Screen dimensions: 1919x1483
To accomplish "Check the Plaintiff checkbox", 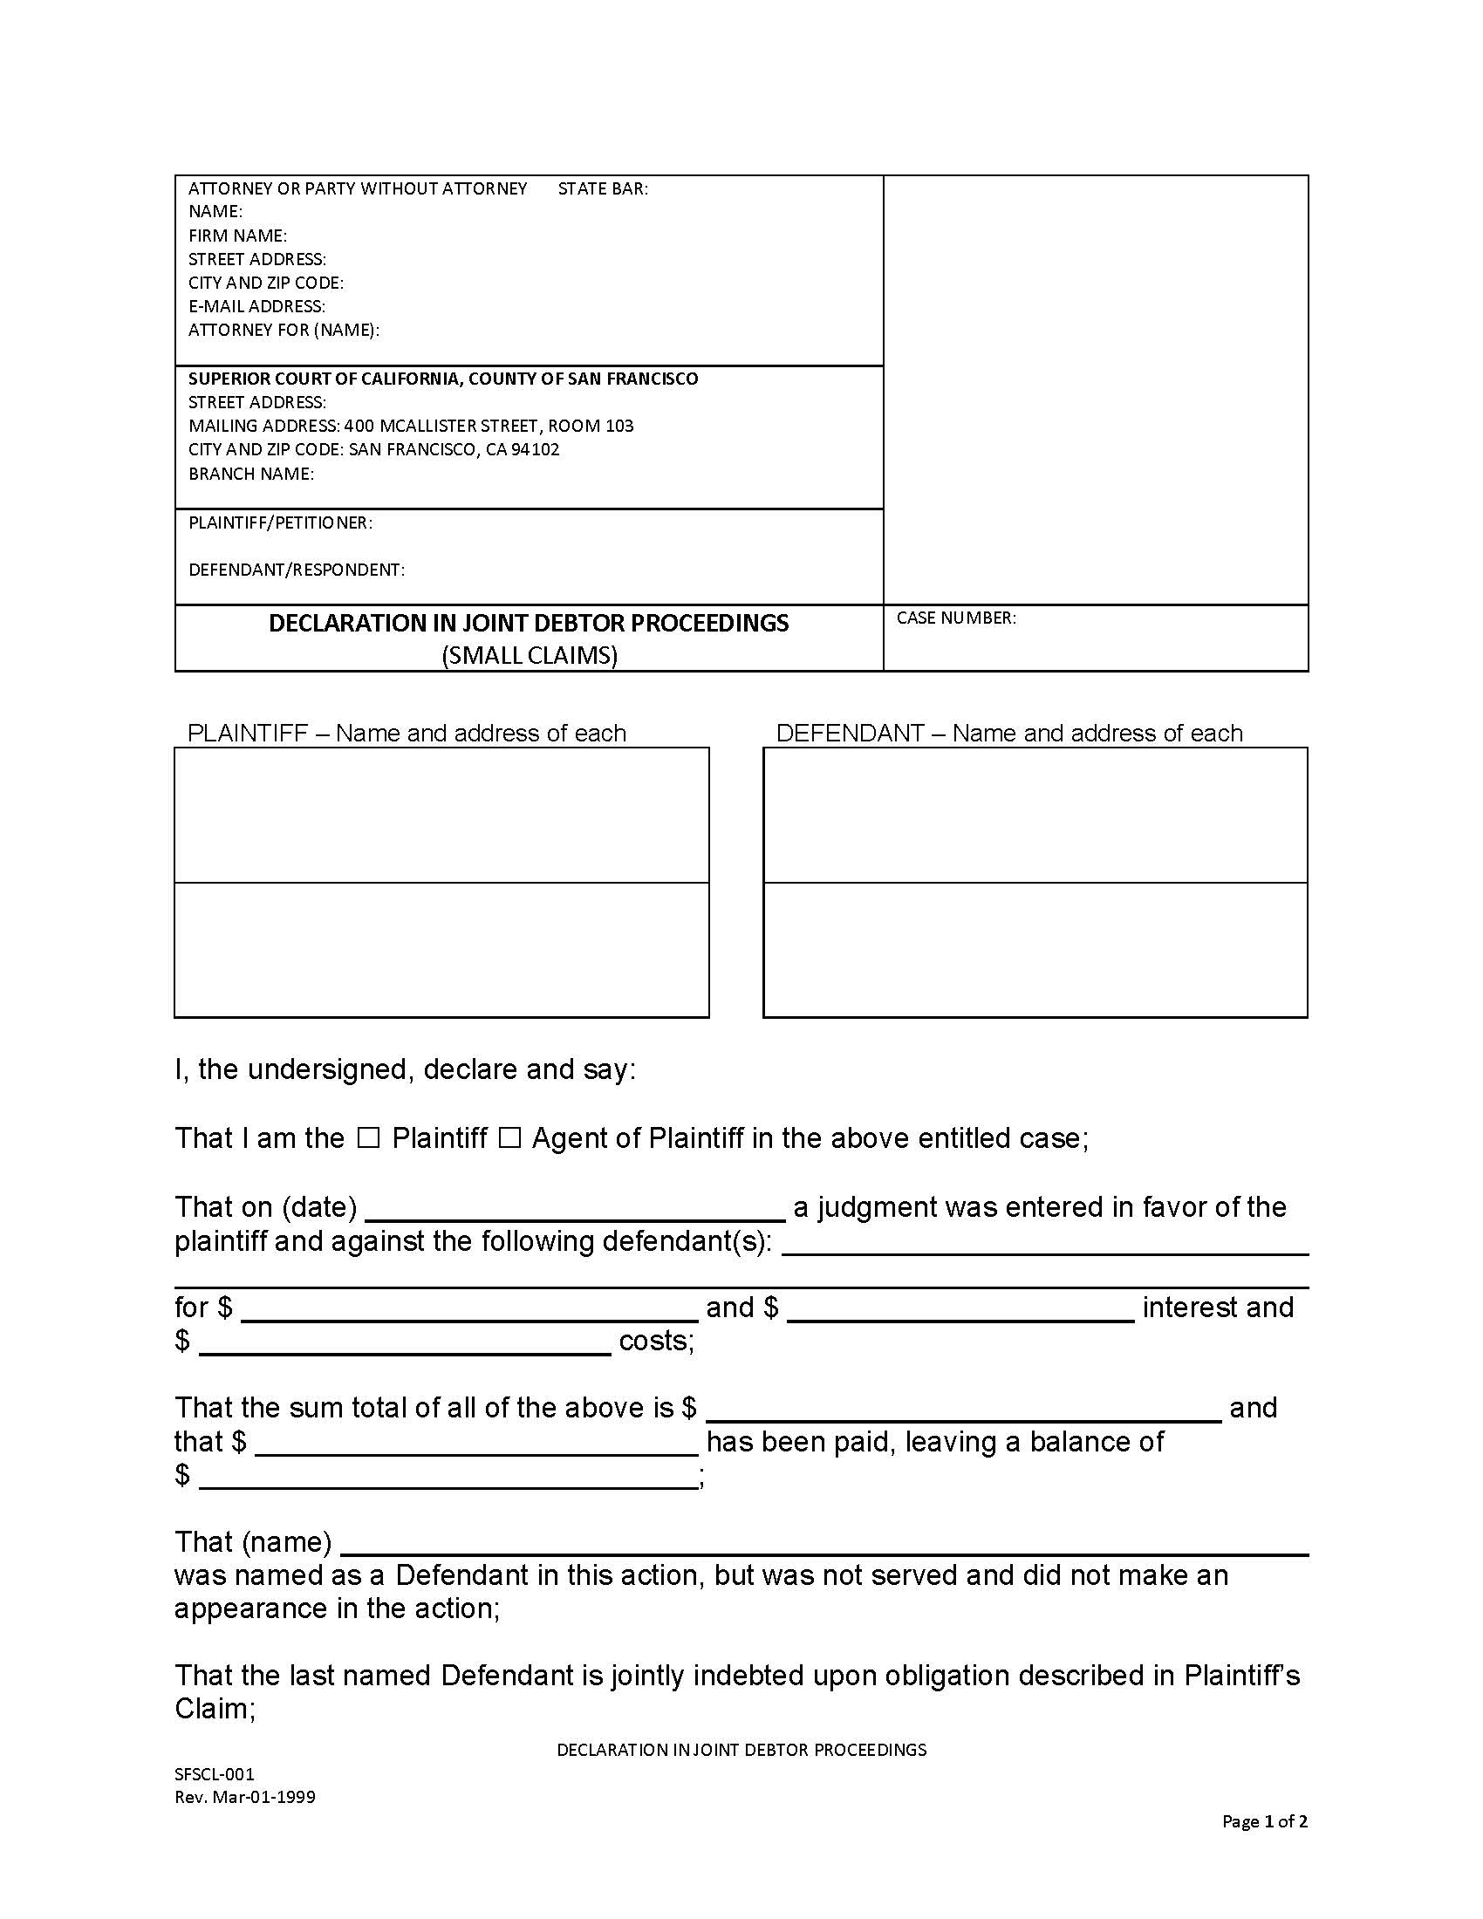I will coord(368,1138).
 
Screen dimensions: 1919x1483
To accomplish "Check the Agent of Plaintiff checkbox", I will coord(509,1138).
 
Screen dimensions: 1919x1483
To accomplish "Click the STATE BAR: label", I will coord(603,188).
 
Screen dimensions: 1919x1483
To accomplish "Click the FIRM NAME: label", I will coord(237,236).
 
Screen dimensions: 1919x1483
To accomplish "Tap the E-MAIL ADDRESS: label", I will coord(256,306).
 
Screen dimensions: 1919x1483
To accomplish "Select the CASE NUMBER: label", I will coord(956,618).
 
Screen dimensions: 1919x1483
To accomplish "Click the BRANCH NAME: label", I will coord(250,474).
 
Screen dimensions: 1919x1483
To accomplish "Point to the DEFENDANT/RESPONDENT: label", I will coord(296,570).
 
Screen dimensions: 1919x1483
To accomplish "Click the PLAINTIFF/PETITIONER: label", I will coord(280,522).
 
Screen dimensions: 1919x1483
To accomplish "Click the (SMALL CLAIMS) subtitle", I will coord(529,655).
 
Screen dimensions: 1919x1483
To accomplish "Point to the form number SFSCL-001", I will coord(215,1774).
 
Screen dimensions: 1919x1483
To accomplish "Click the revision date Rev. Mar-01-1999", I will coord(244,1797).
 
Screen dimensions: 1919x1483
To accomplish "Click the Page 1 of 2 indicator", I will coord(1264,1821).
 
